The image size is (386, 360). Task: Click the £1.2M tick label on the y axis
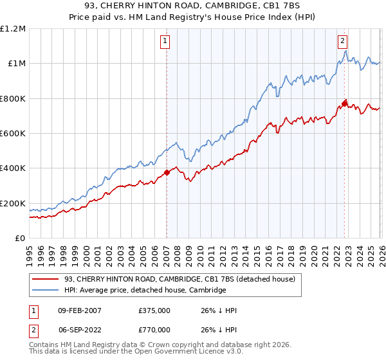pos(14,28)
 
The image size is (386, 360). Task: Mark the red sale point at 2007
pos(167,172)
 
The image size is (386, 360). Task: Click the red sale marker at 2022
pos(344,103)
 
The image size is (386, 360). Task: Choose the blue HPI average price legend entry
pos(145,291)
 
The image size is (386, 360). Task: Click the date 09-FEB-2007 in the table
pos(75,311)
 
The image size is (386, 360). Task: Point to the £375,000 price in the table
pos(154,311)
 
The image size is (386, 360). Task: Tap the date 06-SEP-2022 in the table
pos(75,329)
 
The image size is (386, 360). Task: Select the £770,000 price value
pos(154,329)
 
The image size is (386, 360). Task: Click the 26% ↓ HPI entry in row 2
pos(219,329)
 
